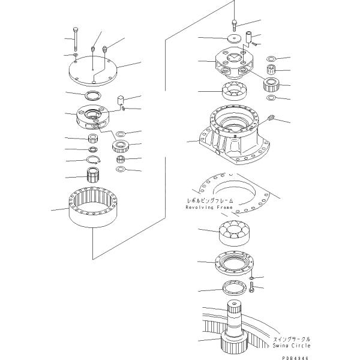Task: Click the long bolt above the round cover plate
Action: click(x=75, y=40)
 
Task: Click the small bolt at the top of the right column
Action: click(x=235, y=25)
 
